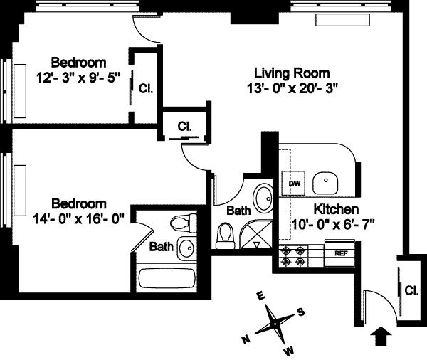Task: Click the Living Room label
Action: click(292, 73)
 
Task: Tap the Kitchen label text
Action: click(336, 209)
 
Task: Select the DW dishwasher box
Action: click(293, 183)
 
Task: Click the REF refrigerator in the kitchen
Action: click(340, 253)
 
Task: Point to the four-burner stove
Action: click(293, 256)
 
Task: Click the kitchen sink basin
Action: click(325, 183)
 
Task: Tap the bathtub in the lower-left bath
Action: click(167, 278)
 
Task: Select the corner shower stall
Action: click(256, 235)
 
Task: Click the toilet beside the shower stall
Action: click(226, 235)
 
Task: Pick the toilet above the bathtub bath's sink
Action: click(184, 223)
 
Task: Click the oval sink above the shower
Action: click(263, 197)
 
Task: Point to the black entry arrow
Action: click(381, 336)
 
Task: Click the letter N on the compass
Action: click(246, 339)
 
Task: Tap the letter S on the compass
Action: click(300, 312)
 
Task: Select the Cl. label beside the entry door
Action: click(411, 290)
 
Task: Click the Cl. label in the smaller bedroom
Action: click(146, 88)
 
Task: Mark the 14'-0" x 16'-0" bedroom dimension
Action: click(78, 218)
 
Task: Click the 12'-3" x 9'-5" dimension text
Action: click(78, 78)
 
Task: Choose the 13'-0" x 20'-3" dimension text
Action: click(292, 88)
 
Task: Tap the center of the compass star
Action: click(275, 324)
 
